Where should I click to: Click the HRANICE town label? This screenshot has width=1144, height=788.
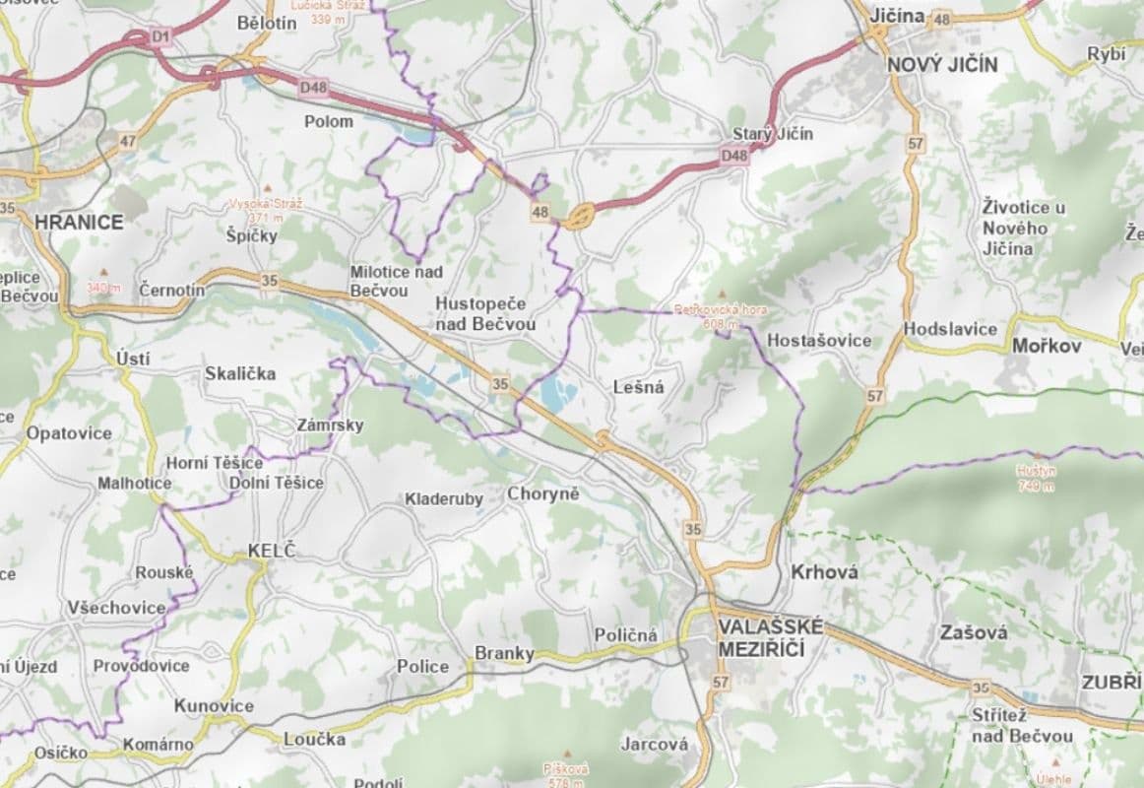click(79, 222)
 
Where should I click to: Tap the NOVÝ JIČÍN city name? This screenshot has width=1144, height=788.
click(941, 65)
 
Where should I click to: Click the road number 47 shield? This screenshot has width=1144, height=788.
click(128, 141)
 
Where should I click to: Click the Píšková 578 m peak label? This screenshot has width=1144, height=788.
click(565, 774)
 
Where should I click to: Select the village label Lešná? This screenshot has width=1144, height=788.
click(638, 387)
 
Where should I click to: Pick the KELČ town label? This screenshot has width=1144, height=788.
click(271, 551)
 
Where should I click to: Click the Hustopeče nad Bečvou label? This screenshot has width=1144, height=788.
click(485, 313)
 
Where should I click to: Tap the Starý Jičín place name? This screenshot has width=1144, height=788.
click(773, 134)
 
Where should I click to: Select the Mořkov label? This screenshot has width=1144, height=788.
click(1047, 346)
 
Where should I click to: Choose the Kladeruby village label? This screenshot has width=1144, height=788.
click(444, 499)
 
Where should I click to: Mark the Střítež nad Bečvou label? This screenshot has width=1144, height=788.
click(1022, 726)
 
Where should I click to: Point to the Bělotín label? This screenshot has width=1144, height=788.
click(267, 23)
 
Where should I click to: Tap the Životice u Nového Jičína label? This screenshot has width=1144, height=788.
click(1024, 228)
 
